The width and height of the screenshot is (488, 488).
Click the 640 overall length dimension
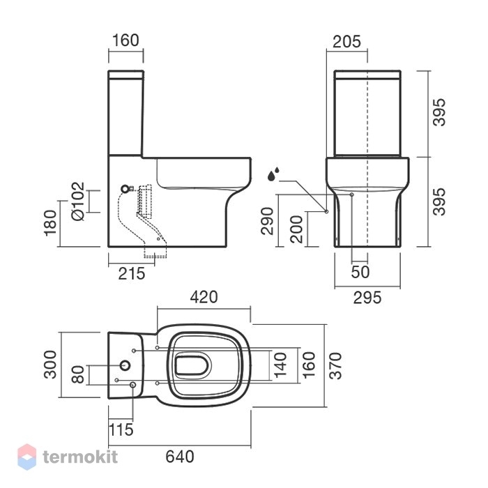click(180, 457)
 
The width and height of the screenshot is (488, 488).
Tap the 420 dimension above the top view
click(204, 297)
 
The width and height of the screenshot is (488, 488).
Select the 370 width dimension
click(335, 366)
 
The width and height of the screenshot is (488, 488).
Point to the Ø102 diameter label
click(77, 201)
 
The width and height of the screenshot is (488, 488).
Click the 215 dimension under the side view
click(132, 273)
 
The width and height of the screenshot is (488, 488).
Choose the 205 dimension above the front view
click(346, 42)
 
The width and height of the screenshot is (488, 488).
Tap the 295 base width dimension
click(367, 298)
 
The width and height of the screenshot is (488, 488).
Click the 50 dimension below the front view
click(360, 272)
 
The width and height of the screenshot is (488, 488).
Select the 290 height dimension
click(267, 221)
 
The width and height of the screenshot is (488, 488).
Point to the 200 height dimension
click(296, 229)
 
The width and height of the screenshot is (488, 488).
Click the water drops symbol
click(273, 174)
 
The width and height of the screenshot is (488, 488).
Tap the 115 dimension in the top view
click(121, 430)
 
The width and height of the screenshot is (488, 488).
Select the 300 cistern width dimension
click(50, 365)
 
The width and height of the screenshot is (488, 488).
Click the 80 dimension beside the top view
click(78, 374)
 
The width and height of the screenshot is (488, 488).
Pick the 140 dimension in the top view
click(280, 365)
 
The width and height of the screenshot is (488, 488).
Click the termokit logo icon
click(27, 457)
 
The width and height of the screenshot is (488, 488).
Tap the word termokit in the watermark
click(80, 457)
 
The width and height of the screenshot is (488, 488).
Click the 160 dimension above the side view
click(125, 40)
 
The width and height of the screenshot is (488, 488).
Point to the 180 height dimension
click(50, 223)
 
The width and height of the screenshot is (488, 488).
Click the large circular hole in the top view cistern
click(125, 366)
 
